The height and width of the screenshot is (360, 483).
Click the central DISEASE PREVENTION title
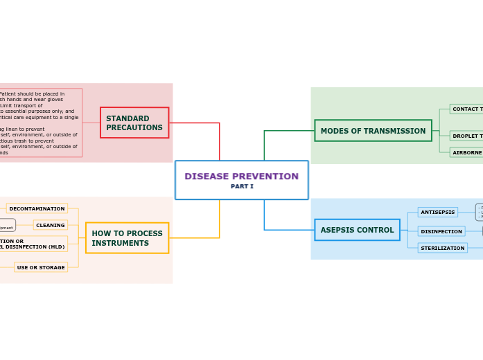pyautogui.click(x=241, y=177)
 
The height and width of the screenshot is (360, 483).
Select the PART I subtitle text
pyautogui.click(x=242, y=187)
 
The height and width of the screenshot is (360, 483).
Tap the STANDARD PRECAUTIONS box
pyautogui.click(x=134, y=123)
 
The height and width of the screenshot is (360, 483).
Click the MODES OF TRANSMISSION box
pyautogui.click(x=373, y=131)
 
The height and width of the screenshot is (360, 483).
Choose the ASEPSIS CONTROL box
pyautogui.click(x=357, y=230)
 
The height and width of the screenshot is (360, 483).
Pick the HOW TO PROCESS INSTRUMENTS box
pyautogui.click(x=127, y=238)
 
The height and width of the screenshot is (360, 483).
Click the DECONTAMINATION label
pyautogui.click(x=37, y=208)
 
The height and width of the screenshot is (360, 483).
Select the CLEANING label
pyautogui.click(x=51, y=225)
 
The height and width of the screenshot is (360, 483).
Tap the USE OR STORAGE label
pyautogui.click(x=41, y=267)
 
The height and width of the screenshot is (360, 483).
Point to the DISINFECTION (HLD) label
pyautogui.click(x=33, y=246)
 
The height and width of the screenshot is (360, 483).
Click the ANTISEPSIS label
pyautogui.click(x=438, y=212)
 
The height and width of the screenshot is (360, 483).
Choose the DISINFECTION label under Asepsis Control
pyautogui.click(x=441, y=231)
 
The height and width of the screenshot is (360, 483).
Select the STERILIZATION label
pyautogui.click(x=442, y=248)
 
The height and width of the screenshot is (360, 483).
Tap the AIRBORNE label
pyautogui.click(x=466, y=152)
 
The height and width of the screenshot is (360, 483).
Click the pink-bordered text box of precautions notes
pyautogui.click(x=40, y=123)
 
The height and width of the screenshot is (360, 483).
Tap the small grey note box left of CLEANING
pyautogui.click(x=6, y=226)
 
